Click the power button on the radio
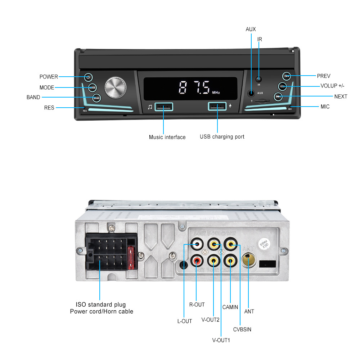[x=89, y=77]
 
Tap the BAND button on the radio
[x=96, y=98]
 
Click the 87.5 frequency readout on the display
[x=194, y=87]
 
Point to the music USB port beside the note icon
[x=164, y=107]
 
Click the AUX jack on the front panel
[x=251, y=93]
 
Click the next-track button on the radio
[x=278, y=96]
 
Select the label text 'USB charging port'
[x=222, y=137]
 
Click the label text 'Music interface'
[x=167, y=137]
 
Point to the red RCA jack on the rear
[x=197, y=260]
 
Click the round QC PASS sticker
[x=264, y=246]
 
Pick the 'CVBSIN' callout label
[x=242, y=329]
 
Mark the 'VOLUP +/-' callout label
[x=333, y=86]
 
